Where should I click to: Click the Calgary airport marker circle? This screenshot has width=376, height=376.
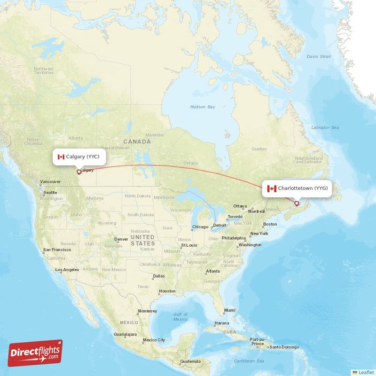click(79, 172)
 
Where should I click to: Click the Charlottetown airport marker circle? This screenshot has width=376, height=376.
click(297, 204)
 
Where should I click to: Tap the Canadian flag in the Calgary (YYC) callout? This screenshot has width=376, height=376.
click(61, 157)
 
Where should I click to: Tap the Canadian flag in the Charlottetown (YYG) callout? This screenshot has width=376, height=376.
click(271, 188)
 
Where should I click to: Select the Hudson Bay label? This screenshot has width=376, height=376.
click(203, 107)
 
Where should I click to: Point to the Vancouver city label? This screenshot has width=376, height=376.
click(51, 181)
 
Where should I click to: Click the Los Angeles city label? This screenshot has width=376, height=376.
click(67, 270)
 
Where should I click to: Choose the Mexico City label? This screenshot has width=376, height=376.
click(154, 340)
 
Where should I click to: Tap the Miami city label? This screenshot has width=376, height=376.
click(230, 310)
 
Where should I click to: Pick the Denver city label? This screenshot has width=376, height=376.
click(121, 239)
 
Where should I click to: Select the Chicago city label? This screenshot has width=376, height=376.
click(200, 227)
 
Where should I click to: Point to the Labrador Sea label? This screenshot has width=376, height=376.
click(325, 127)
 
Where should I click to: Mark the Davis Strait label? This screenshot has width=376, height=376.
click(319, 56)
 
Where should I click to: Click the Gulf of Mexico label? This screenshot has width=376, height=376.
click(180, 317)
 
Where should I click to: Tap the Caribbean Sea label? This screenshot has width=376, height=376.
click(250, 361)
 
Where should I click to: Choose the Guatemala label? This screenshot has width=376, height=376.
click(190, 361)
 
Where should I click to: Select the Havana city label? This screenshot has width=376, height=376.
click(221, 323)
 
